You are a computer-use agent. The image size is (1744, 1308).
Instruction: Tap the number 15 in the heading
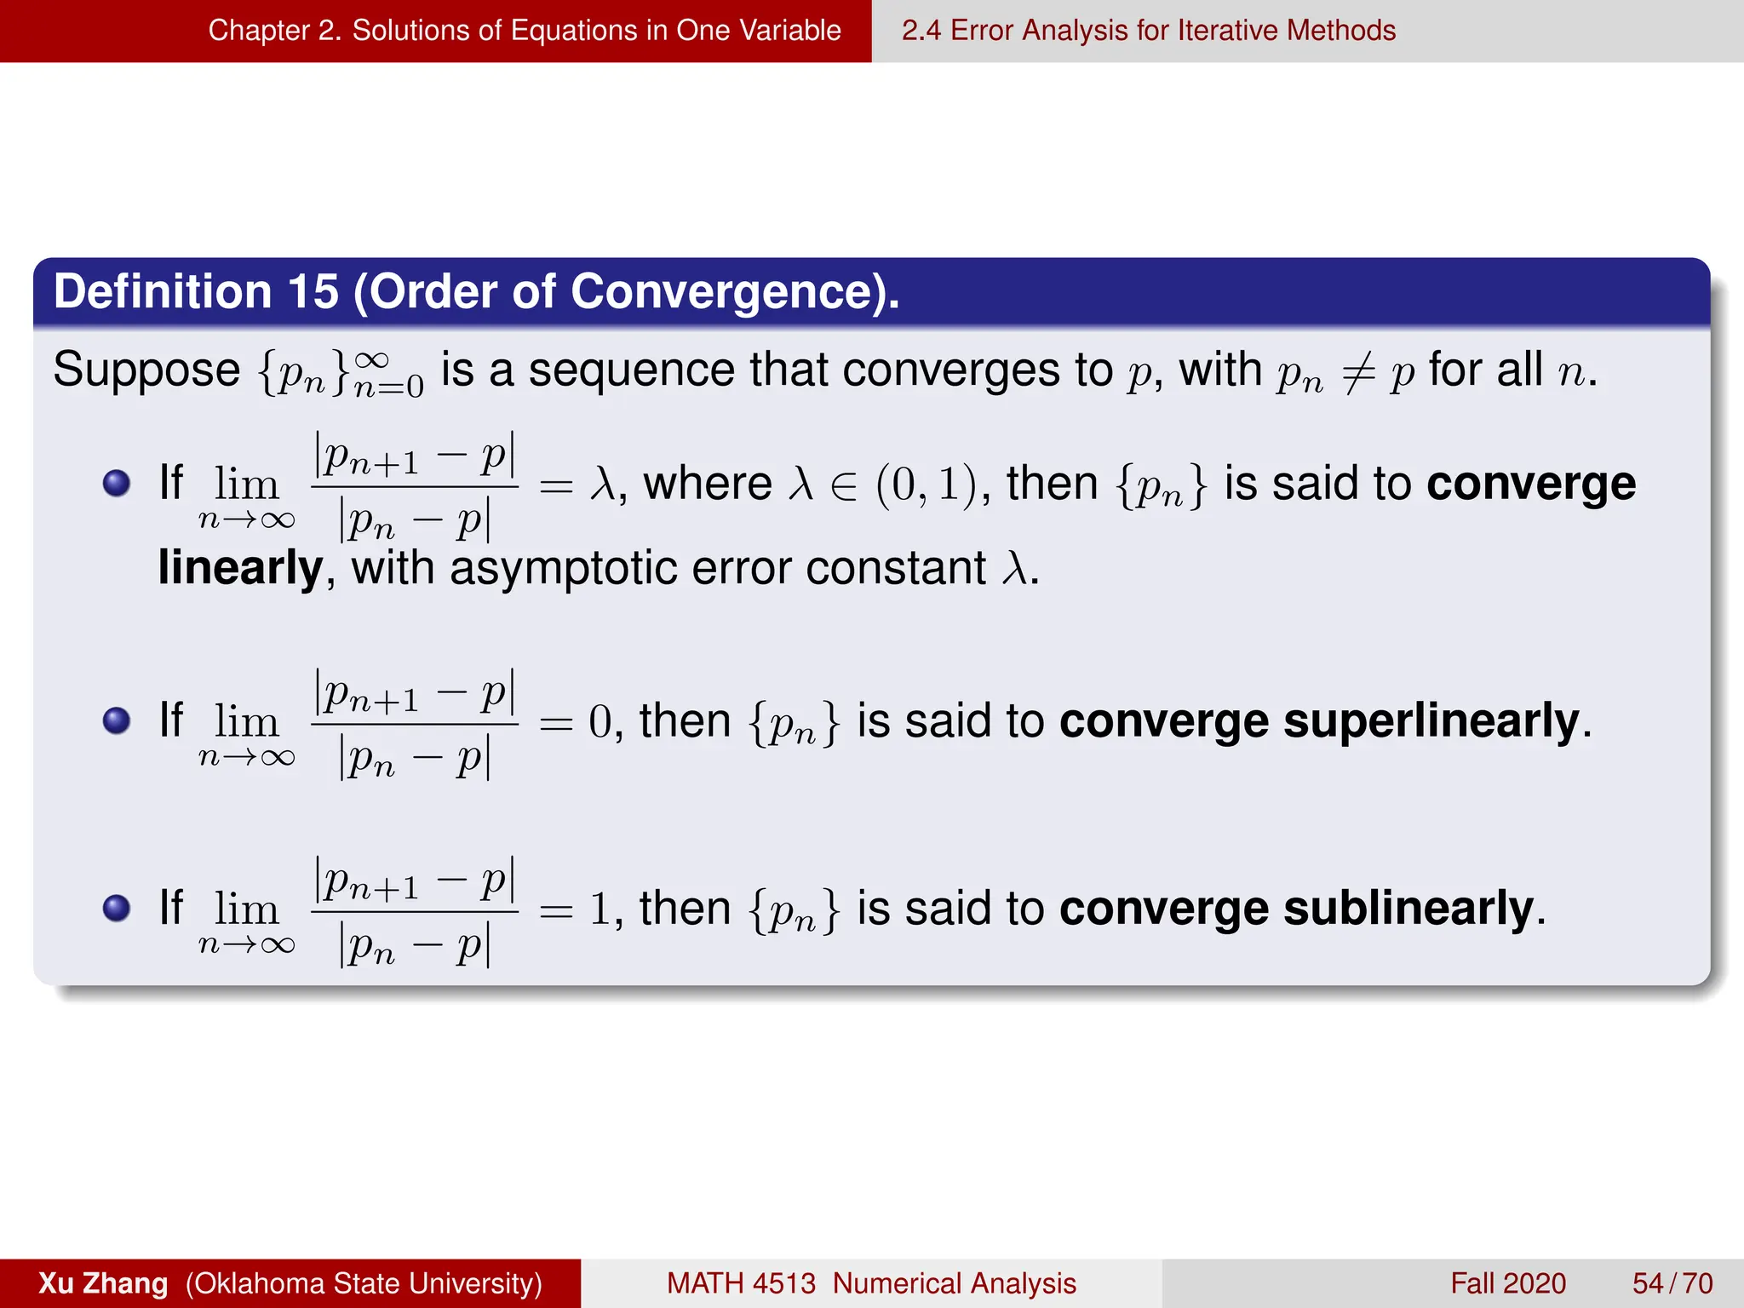pos(313,292)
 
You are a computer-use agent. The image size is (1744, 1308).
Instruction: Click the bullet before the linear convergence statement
pos(117,484)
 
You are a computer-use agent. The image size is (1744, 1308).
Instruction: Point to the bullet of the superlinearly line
pos(117,721)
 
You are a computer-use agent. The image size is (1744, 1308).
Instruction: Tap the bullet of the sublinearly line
pos(117,909)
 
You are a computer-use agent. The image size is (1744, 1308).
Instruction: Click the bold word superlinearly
pos(1431,721)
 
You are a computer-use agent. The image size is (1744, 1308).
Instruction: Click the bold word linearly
pos(241,568)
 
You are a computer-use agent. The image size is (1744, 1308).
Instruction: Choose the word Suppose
pos(146,371)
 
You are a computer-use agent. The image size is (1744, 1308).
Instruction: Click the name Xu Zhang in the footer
pos(103,1283)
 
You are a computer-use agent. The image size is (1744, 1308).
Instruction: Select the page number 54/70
pos(1672,1283)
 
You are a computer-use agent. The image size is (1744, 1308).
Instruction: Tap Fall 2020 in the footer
pos(1508,1283)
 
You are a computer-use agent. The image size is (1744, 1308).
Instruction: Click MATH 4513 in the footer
pos(741,1283)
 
